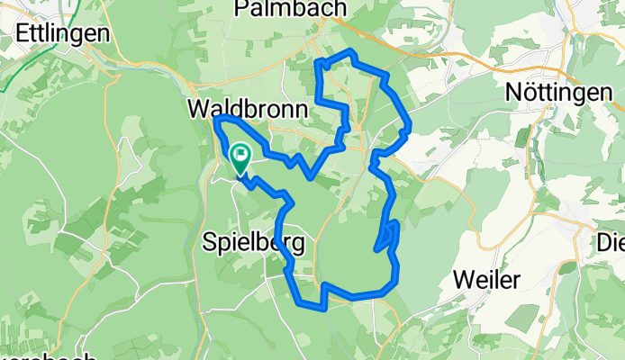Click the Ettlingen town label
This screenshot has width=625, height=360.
click(x=63, y=33)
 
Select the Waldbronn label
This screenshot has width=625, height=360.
click(x=248, y=110)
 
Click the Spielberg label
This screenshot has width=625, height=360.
click(x=253, y=243)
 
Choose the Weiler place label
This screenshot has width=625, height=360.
click(x=487, y=280)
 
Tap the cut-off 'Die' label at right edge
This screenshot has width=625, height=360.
click(x=611, y=242)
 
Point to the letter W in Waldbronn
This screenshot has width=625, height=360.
click(x=199, y=110)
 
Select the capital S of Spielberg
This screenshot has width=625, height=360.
click(x=211, y=243)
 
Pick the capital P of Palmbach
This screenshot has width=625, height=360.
click(x=240, y=8)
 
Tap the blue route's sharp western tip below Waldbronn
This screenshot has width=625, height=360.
click(x=216, y=119)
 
